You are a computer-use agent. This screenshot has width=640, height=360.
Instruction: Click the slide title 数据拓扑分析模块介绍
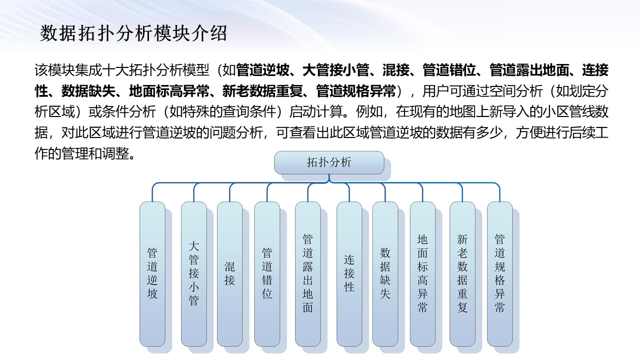[133, 33]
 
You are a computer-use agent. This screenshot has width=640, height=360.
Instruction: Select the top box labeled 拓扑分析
[329, 162]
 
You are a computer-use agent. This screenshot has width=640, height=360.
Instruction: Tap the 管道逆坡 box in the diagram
[152, 274]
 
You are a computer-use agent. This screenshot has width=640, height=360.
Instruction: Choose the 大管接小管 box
[193, 274]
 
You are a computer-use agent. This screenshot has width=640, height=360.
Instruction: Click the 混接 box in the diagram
[229, 274]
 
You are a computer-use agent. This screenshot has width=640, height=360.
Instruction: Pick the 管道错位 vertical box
[267, 274]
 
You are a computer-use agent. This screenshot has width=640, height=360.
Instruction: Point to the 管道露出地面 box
[307, 274]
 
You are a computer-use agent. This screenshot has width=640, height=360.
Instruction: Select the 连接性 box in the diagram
[349, 274]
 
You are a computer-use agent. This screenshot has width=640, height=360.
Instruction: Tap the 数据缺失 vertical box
[385, 274]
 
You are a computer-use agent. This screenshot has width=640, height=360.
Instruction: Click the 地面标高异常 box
[422, 274]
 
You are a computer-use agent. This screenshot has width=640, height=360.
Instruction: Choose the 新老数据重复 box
[462, 274]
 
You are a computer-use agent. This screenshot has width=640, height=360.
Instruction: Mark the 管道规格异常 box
[499, 274]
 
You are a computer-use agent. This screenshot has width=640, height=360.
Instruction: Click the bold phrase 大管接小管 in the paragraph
[335, 70]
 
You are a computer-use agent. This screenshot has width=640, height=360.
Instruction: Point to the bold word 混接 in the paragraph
[395, 70]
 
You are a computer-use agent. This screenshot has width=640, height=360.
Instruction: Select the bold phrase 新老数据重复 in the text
[262, 91]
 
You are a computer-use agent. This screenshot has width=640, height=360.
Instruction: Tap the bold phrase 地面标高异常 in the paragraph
[169, 91]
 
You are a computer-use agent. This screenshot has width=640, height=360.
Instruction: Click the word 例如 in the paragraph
[369, 111]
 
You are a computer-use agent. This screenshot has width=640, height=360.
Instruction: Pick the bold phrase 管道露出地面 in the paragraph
[529, 70]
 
